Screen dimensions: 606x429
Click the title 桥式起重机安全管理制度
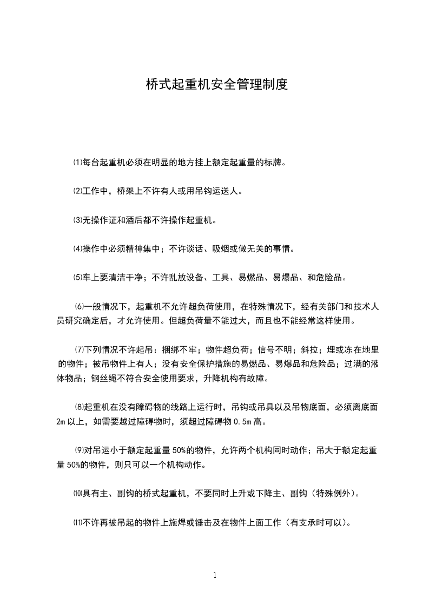(x=216, y=84)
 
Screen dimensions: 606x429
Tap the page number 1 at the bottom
(x=215, y=575)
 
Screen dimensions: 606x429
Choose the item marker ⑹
(x=80, y=307)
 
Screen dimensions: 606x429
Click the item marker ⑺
(x=80, y=350)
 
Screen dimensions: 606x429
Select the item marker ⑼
(x=80, y=450)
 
